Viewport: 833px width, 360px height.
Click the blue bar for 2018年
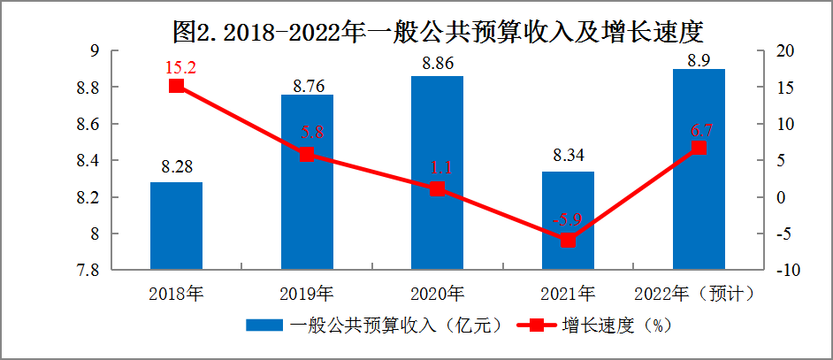[x=177, y=225]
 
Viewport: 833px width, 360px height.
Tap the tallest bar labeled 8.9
[x=699, y=168]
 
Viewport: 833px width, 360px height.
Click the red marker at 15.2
[x=177, y=86]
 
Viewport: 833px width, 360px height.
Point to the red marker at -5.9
[x=568, y=240]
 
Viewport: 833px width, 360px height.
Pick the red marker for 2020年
[x=437, y=188]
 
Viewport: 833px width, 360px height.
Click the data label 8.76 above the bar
[x=307, y=85]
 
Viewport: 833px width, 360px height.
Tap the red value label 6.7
[x=700, y=130]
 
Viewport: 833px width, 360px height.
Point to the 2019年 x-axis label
[x=307, y=292]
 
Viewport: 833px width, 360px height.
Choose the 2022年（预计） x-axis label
[x=699, y=292]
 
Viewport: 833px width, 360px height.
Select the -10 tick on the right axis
[x=776, y=270]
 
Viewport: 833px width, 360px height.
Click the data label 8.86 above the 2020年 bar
[x=437, y=65]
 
